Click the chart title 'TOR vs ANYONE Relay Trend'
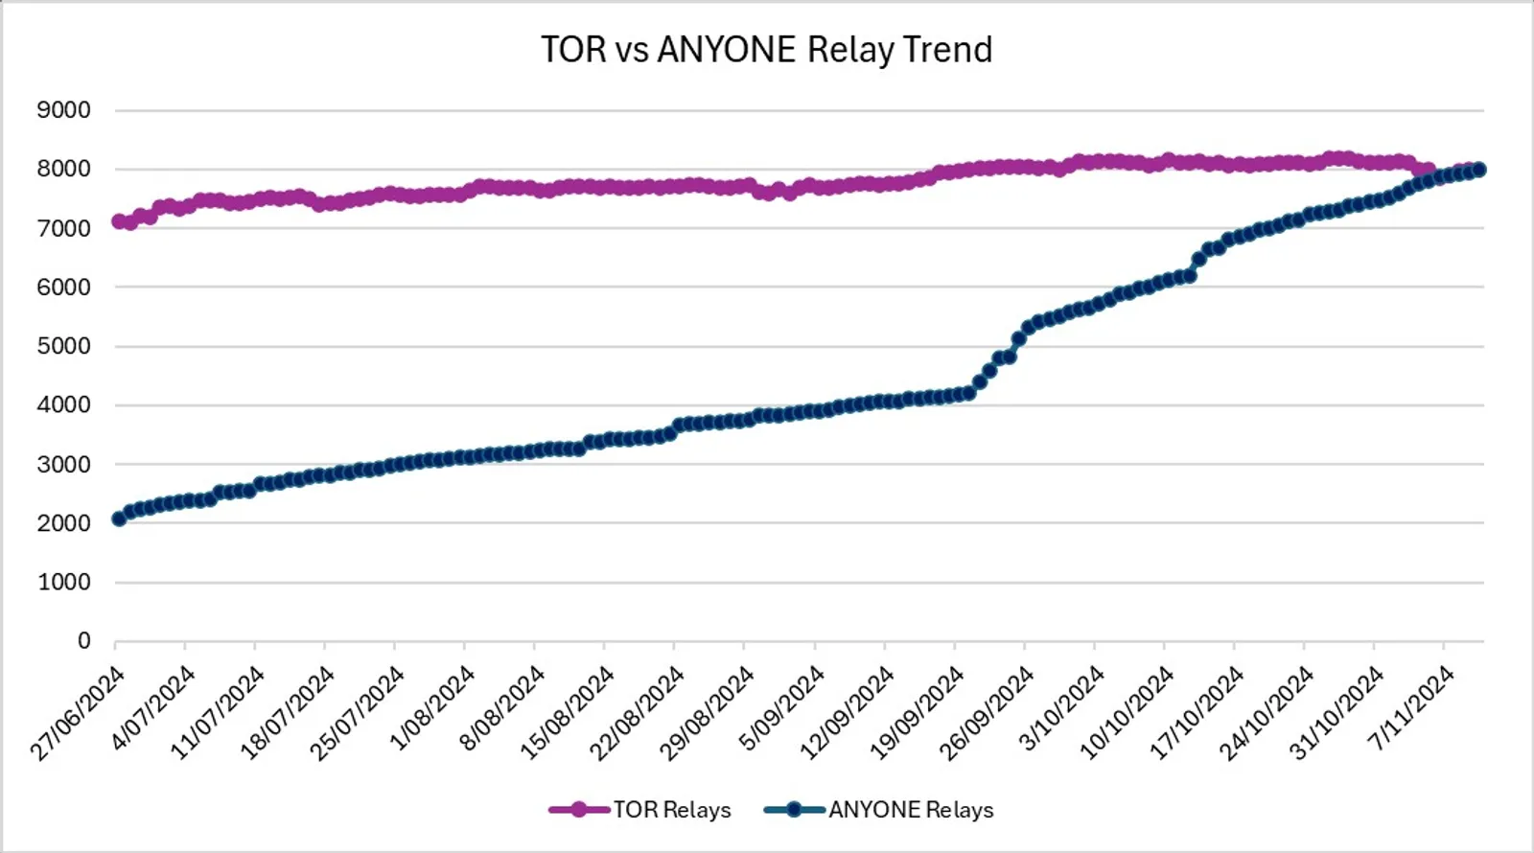(766, 49)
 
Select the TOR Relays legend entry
(640, 810)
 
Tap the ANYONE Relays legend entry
(878, 810)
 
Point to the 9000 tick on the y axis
(63, 109)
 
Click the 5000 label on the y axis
(63, 346)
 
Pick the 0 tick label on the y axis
(83, 641)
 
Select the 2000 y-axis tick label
(63, 523)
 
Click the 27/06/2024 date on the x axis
(78, 713)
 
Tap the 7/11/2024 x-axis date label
(1413, 708)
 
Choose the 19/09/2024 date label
(917, 713)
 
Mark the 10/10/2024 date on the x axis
(1126, 713)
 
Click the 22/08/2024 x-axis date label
(637, 713)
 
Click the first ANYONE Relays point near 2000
(119, 519)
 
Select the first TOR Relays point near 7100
(119, 221)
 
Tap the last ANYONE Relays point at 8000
(1478, 170)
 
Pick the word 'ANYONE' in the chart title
(726, 49)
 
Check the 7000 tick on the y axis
(63, 228)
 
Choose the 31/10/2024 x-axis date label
(1336, 713)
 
